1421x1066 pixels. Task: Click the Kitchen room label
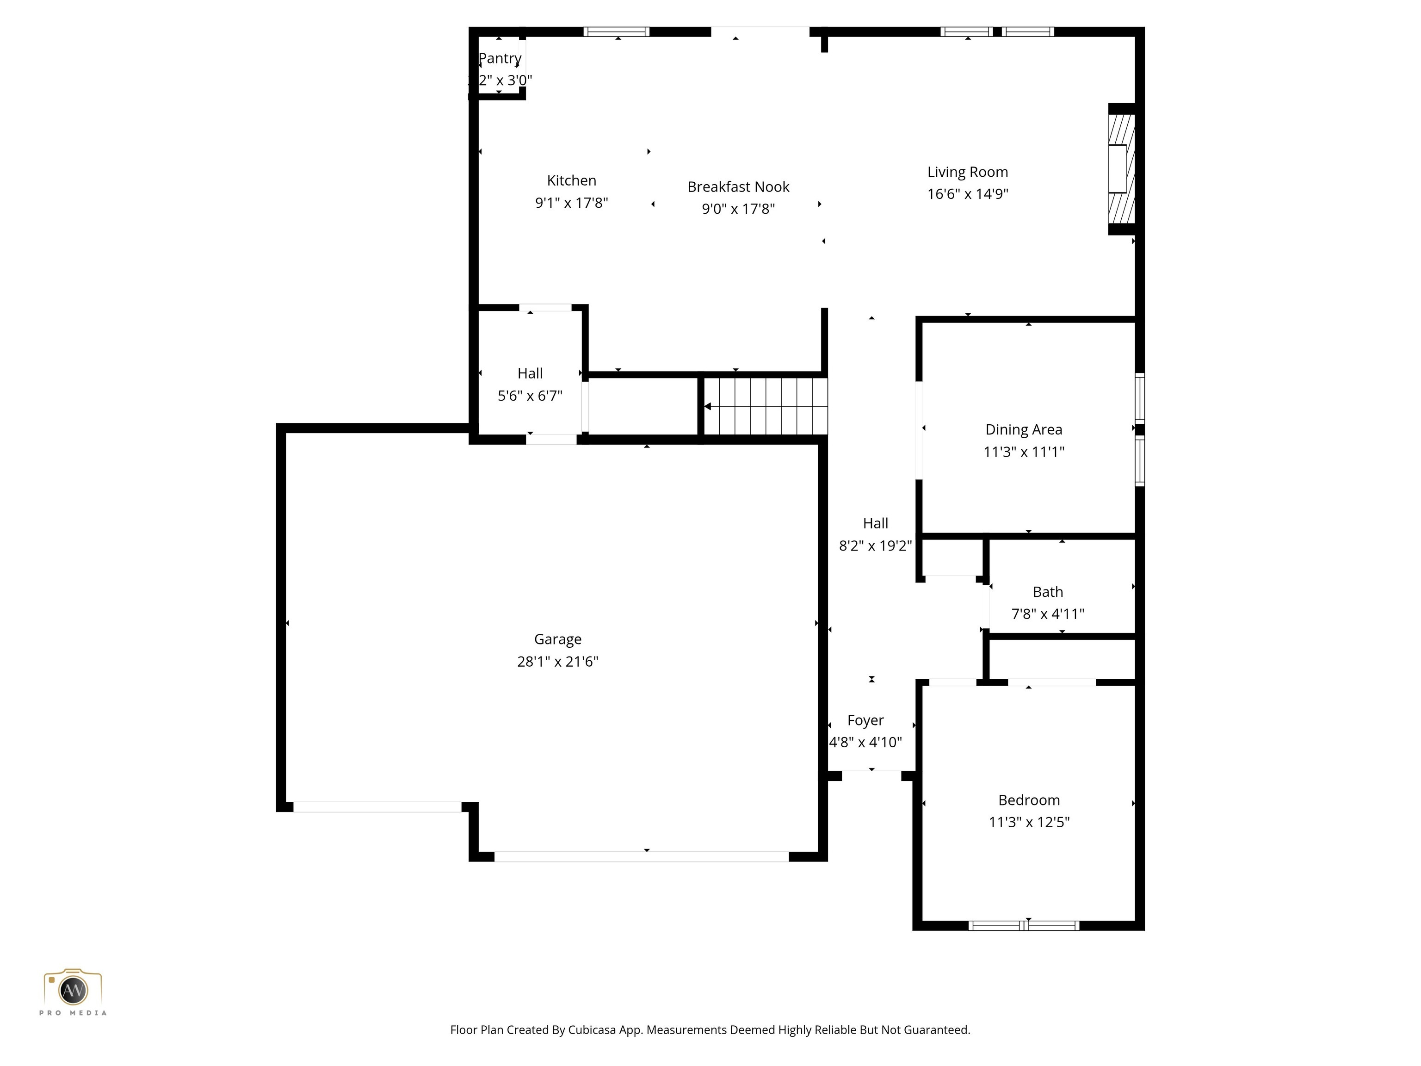(571, 180)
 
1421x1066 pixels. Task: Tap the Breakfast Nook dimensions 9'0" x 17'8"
(738, 209)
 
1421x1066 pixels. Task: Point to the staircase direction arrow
(707, 406)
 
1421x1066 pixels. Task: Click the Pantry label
(500, 58)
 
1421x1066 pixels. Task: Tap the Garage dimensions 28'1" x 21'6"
(557, 661)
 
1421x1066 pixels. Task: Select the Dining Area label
(1023, 430)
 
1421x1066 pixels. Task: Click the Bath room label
(1047, 592)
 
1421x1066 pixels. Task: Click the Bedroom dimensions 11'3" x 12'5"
(1028, 822)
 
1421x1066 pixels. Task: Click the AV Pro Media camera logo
(73, 990)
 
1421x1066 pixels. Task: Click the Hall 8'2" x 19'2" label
(875, 524)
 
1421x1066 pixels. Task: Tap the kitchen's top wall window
(616, 31)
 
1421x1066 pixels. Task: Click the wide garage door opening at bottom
(641, 856)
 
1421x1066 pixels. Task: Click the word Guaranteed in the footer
(937, 1029)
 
